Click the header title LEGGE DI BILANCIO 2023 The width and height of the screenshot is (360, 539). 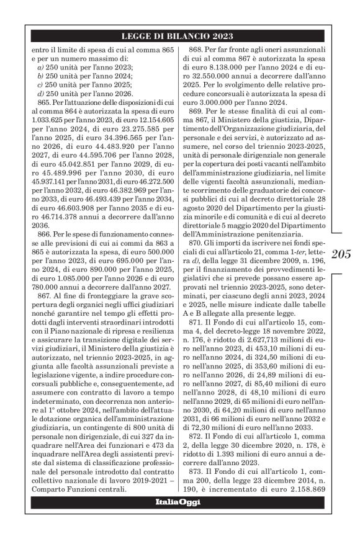[x=178, y=36]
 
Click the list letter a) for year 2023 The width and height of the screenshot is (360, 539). [x=40, y=66]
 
